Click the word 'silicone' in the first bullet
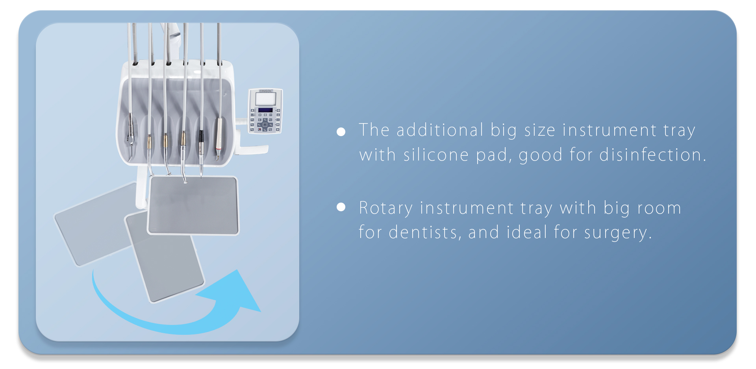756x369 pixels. (x=436, y=155)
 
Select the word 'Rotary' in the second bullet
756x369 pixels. (x=385, y=208)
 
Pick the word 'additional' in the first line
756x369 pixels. (x=440, y=130)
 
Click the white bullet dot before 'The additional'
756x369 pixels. (x=341, y=132)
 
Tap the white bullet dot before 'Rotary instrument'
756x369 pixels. (x=341, y=207)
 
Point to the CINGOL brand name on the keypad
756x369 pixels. (x=265, y=91)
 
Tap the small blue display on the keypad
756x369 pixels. (x=265, y=111)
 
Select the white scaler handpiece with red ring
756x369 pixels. (x=219, y=138)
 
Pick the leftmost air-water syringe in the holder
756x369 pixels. (x=130, y=130)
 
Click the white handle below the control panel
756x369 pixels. (x=254, y=149)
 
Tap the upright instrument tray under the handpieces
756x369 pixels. (x=193, y=205)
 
